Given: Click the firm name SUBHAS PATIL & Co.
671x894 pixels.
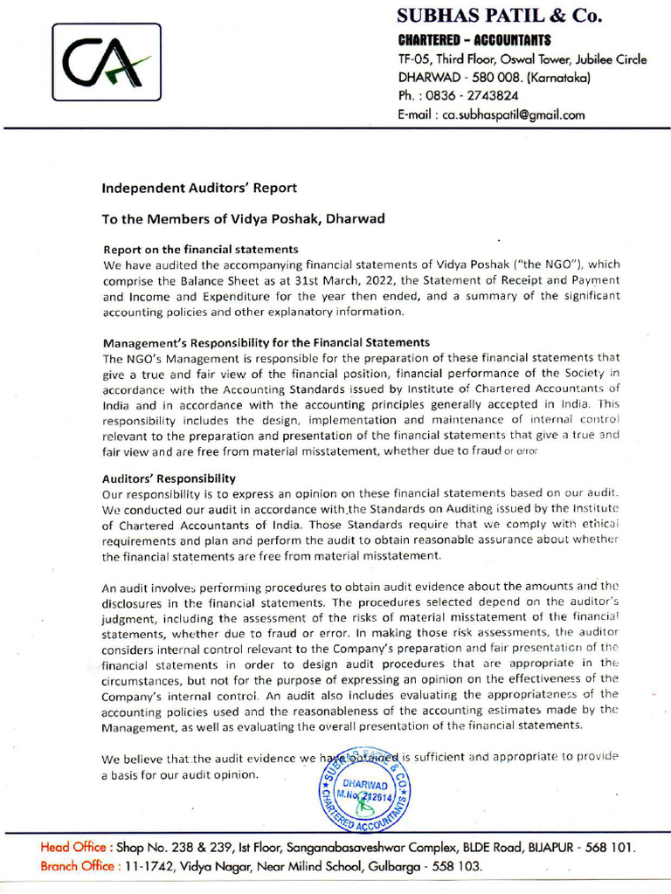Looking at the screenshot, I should (500, 17).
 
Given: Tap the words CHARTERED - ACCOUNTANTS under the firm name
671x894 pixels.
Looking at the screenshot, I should (474, 40).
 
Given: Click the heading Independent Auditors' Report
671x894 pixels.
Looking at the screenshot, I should (199, 188).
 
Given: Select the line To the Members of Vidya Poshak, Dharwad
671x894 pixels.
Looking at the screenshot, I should (243, 219).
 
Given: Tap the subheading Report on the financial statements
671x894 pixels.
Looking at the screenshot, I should (201, 249).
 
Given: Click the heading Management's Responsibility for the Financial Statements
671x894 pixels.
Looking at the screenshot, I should (266, 342).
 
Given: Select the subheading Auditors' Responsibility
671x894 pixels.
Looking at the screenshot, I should (169, 478).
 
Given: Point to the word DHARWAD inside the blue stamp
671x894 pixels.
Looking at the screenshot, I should (366, 785).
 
